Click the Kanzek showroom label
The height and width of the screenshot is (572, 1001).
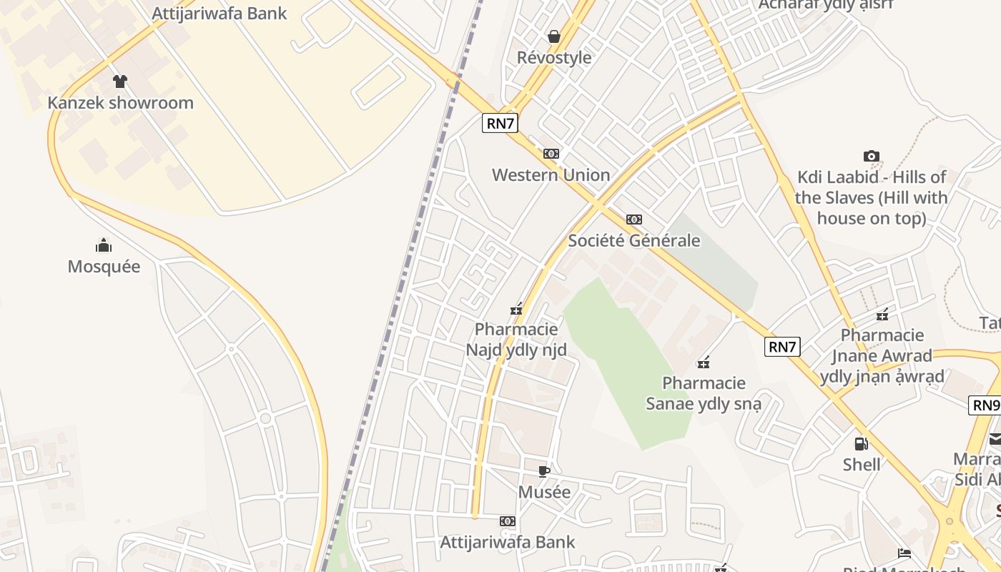click(120, 103)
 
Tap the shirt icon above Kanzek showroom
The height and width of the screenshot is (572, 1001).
click(120, 82)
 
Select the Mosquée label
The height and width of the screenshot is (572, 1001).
click(104, 267)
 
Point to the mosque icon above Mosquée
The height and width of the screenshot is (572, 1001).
click(104, 246)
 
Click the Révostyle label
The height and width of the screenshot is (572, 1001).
click(554, 58)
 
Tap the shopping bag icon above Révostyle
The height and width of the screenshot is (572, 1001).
click(554, 36)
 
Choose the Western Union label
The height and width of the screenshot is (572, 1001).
click(551, 175)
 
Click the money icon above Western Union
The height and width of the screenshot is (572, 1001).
click(551, 154)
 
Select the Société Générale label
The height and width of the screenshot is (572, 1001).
click(633, 241)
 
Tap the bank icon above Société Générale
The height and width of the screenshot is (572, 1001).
click(633, 220)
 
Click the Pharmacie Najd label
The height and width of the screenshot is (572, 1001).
click(516, 340)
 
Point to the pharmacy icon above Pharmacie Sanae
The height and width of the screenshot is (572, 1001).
click(704, 363)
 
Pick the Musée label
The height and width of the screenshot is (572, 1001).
click(544, 493)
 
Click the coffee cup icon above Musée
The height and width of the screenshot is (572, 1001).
click(544, 471)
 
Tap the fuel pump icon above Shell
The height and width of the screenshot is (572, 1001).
click(862, 444)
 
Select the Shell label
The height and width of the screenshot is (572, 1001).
click(862, 465)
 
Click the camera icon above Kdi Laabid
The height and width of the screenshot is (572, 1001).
click(871, 156)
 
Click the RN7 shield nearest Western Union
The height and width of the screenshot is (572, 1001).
click(500, 123)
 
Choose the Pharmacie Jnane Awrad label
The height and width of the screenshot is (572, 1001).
click(882, 355)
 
